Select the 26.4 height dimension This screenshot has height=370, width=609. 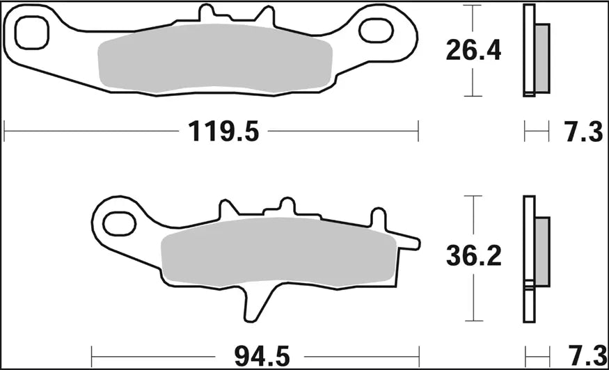point(473,50)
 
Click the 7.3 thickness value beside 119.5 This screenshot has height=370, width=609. point(583,131)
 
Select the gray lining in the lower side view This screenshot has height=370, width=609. point(541,248)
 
